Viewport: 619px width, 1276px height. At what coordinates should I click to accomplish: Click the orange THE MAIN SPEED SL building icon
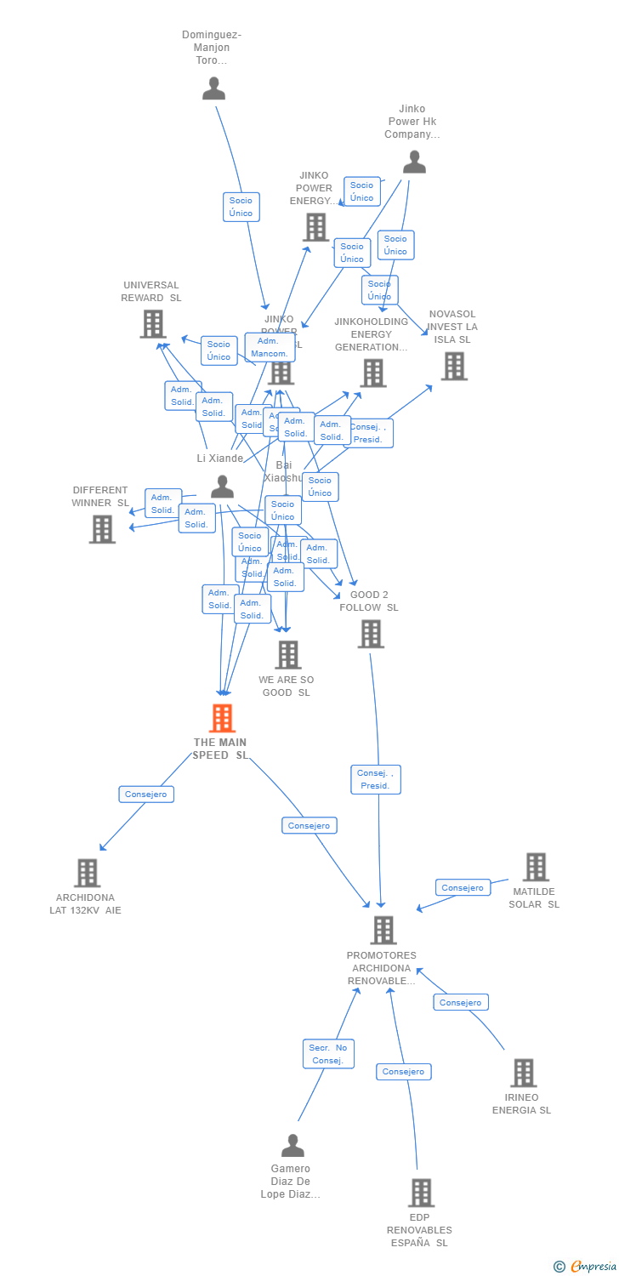click(222, 718)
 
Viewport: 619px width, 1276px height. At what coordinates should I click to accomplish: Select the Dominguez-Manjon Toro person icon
click(214, 88)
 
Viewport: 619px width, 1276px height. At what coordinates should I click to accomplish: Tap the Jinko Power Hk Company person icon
click(414, 162)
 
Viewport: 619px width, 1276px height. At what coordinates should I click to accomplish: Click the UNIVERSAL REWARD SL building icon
click(153, 324)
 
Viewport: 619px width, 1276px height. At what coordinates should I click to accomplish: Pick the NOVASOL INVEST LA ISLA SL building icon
click(454, 366)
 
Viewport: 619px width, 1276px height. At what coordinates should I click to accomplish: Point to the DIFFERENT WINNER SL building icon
click(102, 529)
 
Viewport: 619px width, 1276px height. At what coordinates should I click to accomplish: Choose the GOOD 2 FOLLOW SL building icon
click(371, 634)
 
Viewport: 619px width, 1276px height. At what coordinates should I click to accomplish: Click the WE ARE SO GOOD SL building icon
click(288, 654)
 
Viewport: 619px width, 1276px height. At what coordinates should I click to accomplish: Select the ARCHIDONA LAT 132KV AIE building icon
click(87, 873)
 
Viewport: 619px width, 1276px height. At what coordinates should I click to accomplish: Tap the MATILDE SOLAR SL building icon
click(536, 867)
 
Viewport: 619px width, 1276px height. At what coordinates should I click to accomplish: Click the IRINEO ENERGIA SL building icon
click(524, 1073)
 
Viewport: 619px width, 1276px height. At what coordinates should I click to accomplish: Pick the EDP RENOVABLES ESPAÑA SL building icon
click(421, 1193)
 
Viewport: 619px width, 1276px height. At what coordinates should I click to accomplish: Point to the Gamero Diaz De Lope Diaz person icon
click(292, 1145)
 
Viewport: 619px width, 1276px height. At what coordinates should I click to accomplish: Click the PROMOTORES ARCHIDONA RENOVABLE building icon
click(383, 930)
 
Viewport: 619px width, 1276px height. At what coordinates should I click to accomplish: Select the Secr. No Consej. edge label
click(328, 1054)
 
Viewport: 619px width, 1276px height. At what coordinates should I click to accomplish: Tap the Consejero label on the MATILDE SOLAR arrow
click(463, 887)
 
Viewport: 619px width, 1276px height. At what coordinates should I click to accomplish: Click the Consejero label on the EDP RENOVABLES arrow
click(404, 1072)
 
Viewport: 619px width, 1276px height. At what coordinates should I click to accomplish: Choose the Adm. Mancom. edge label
click(270, 347)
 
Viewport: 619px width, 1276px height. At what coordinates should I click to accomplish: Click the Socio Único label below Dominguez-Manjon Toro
click(241, 207)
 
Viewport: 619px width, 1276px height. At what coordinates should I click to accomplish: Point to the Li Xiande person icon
click(223, 487)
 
